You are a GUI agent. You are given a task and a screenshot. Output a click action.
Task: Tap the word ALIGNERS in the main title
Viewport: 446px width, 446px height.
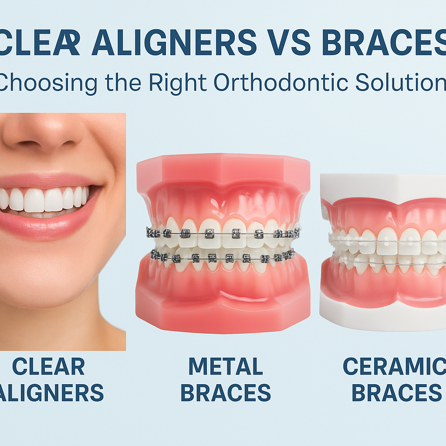pyautogui.click(x=174, y=42)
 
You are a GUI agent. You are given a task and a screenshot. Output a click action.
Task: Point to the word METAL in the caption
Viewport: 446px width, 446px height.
pyautogui.click(x=226, y=366)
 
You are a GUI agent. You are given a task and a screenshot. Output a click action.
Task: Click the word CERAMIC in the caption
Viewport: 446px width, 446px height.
pyautogui.click(x=394, y=366)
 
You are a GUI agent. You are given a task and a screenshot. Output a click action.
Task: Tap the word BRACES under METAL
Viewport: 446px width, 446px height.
pyautogui.click(x=226, y=392)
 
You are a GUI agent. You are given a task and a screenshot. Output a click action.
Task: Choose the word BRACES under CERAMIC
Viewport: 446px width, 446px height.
pyautogui.click(x=396, y=392)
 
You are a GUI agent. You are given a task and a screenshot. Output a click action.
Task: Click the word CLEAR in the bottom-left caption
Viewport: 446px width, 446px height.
pyautogui.click(x=48, y=366)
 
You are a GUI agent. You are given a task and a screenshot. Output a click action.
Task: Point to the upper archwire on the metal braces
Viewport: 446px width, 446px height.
pyautogui.click(x=223, y=234)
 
